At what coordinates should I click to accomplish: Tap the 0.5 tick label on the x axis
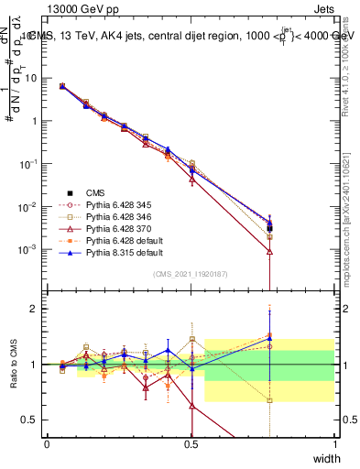[191, 443]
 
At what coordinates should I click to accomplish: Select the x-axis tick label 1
[334, 443]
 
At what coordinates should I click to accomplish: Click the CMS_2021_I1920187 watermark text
[191, 274]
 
